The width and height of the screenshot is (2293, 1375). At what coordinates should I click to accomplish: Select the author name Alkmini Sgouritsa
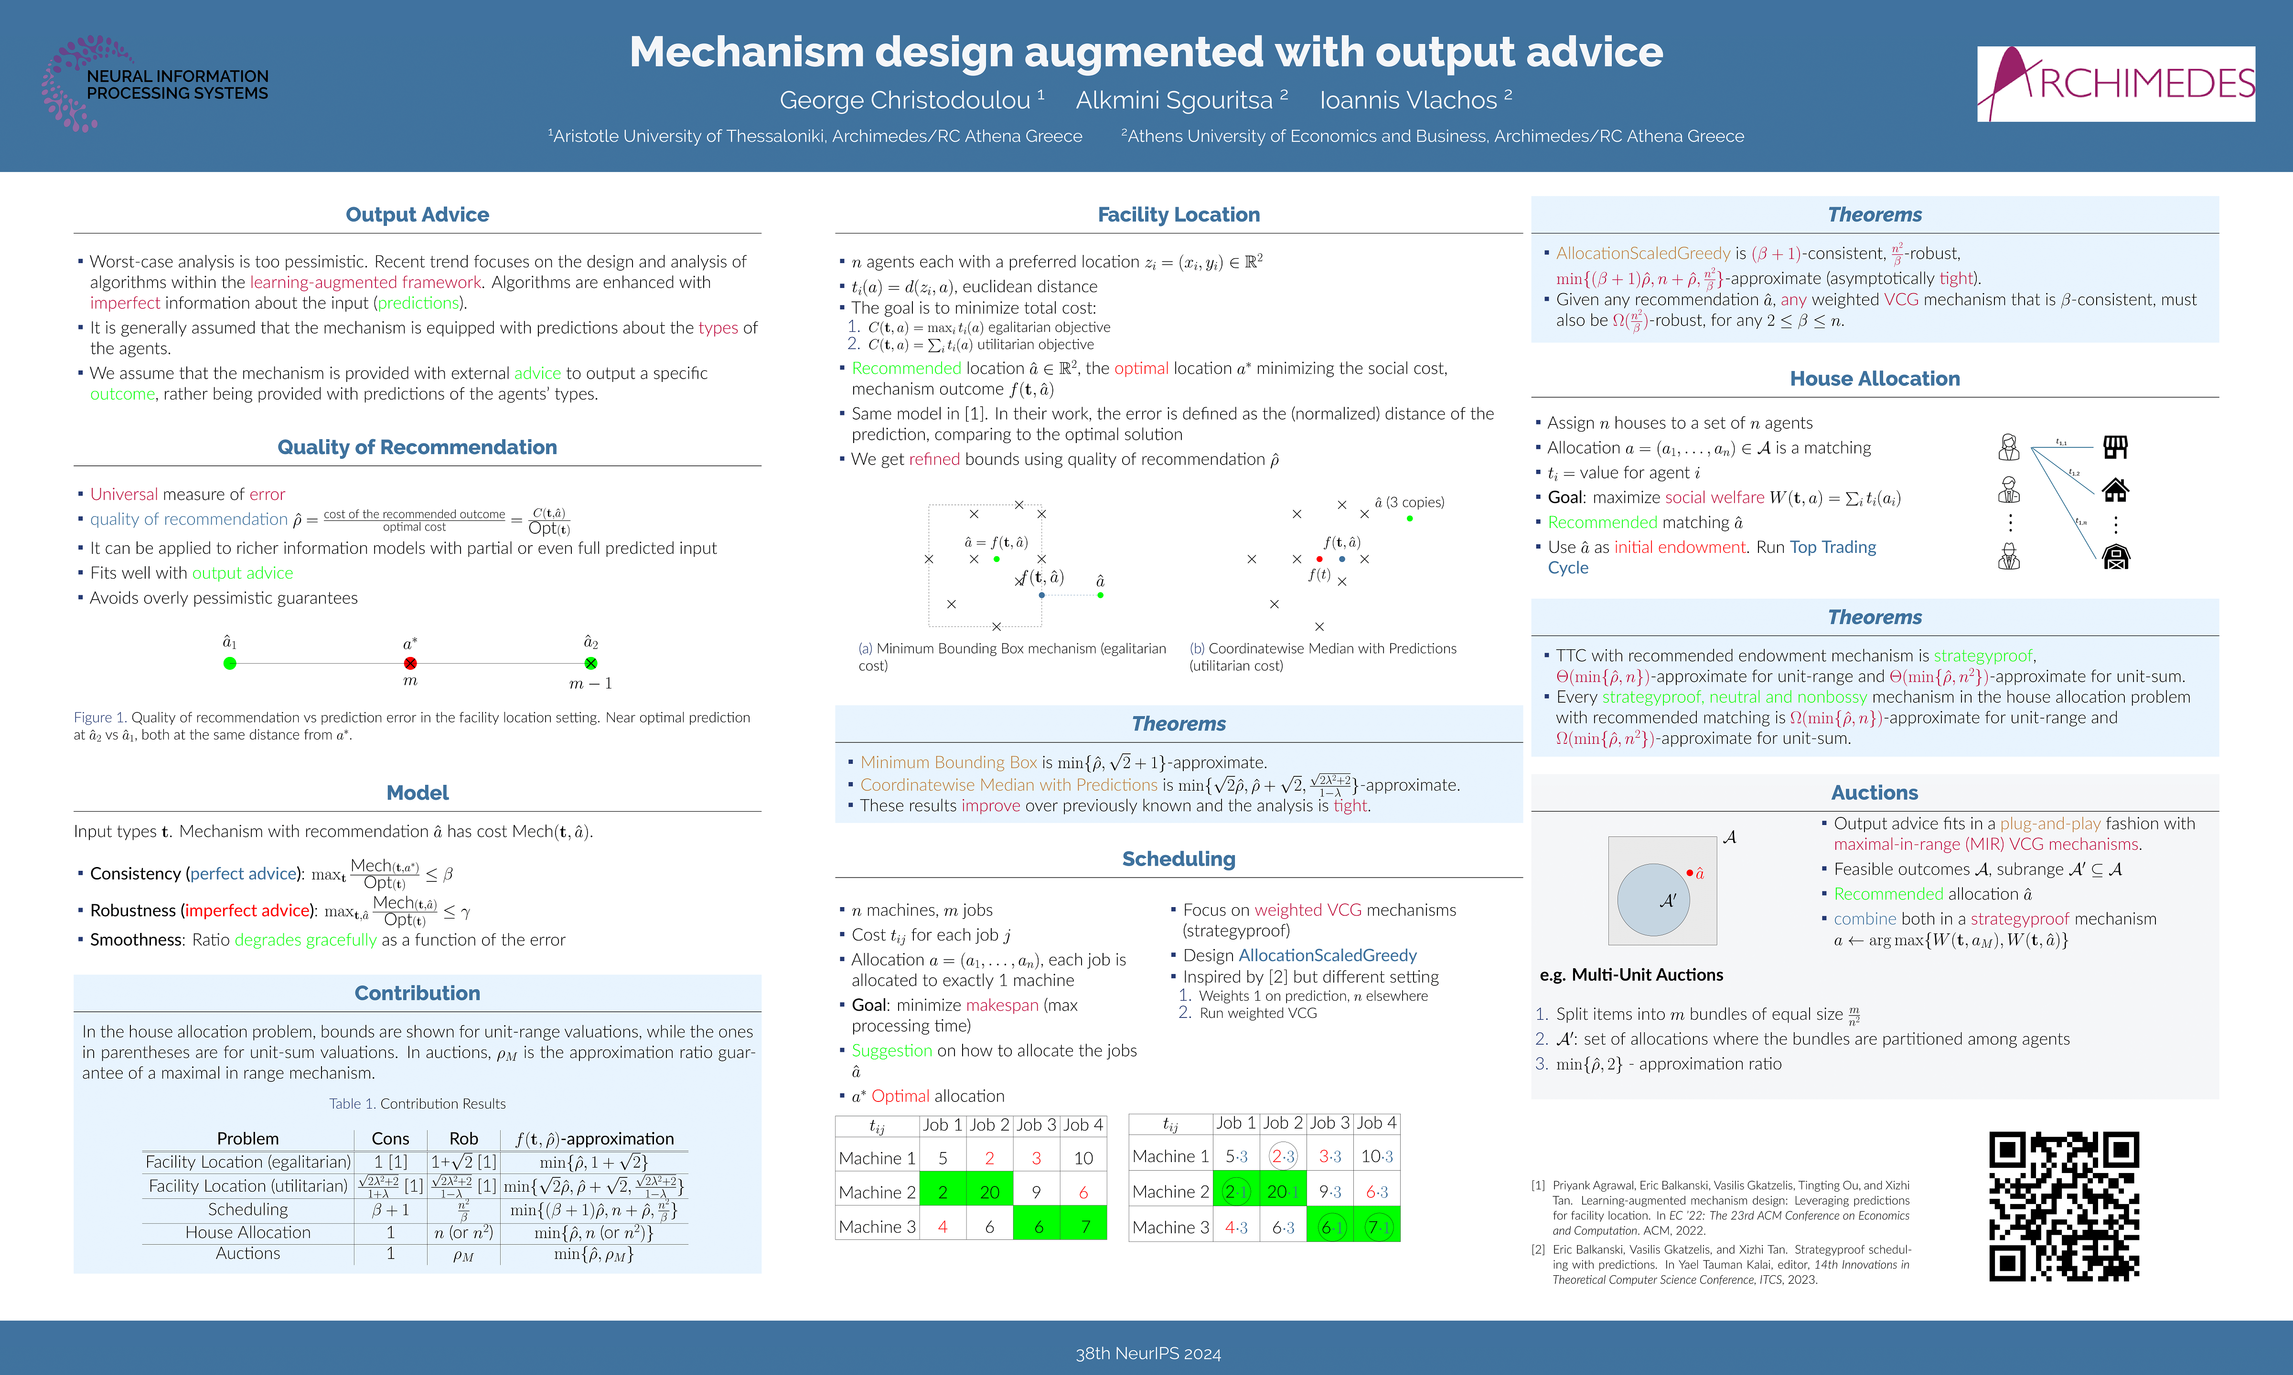click(x=1173, y=100)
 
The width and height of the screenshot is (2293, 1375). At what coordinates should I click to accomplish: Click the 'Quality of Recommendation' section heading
click(x=417, y=447)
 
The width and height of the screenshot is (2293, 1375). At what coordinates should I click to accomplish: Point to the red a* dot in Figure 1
click(x=410, y=664)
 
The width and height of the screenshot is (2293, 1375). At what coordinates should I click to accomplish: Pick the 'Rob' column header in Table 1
click(x=463, y=1139)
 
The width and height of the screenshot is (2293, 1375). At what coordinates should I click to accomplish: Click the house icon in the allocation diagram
click(x=2115, y=489)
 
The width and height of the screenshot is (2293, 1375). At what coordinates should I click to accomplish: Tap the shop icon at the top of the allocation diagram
click(x=2115, y=447)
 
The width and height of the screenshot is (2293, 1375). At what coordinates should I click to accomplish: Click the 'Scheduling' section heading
click(x=1178, y=859)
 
